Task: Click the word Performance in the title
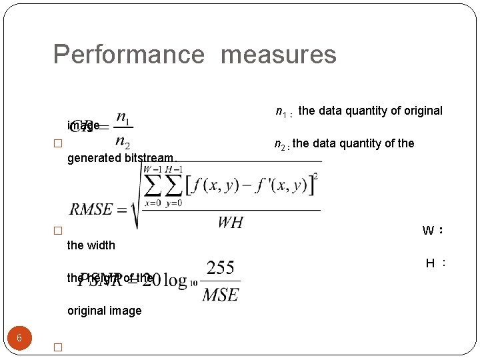coord(128,55)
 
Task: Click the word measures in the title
coord(278,55)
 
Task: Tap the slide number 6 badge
coord(19,338)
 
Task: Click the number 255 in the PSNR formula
coord(220,268)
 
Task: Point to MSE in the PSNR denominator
coord(221,293)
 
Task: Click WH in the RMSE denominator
coord(230,223)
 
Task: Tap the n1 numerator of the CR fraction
coord(123,118)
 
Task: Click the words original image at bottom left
coord(105,311)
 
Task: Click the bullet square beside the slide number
coord(57,347)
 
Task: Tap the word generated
coord(94,159)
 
